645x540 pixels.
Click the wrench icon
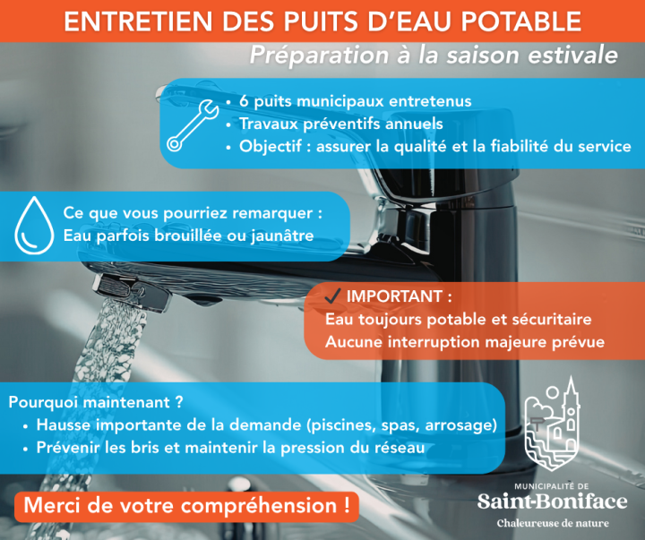click(x=192, y=125)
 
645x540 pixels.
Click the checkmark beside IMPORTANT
click(x=332, y=296)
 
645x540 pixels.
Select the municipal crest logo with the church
click(x=553, y=424)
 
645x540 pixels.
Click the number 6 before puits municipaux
click(x=244, y=101)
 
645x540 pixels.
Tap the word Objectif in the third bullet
click(x=271, y=146)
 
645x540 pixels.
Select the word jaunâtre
click(x=282, y=236)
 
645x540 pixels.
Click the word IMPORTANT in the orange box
click(x=394, y=296)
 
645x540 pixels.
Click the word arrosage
click(x=460, y=425)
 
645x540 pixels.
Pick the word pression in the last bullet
click(x=313, y=448)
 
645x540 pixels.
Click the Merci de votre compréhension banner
click(x=186, y=506)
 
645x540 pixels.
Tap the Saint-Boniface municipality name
click(x=553, y=501)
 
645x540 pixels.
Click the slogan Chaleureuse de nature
click(x=553, y=524)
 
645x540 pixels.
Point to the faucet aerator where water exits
click(x=132, y=293)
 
